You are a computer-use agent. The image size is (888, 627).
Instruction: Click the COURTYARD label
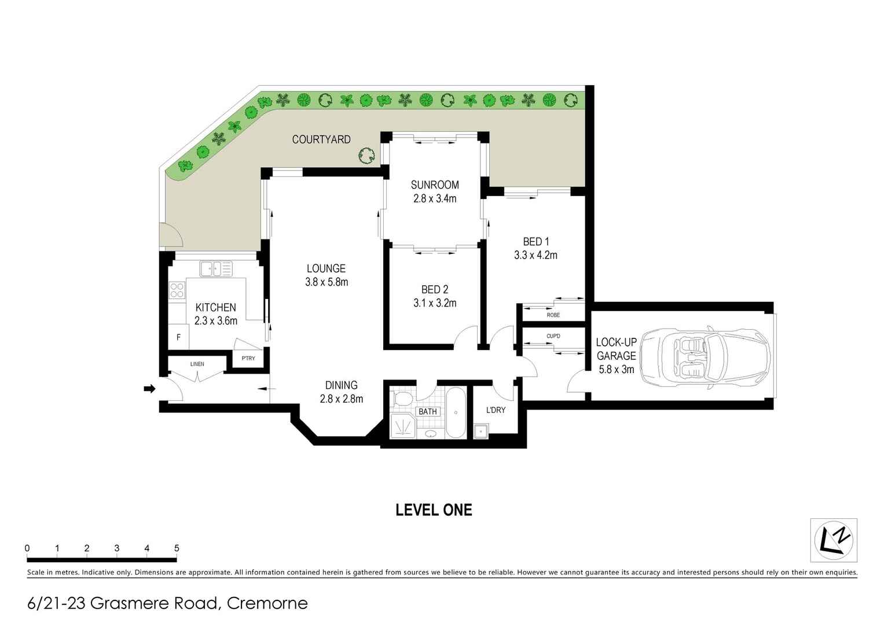pyautogui.click(x=321, y=139)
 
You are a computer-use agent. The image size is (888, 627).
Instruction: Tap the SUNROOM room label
pyautogui.click(x=435, y=185)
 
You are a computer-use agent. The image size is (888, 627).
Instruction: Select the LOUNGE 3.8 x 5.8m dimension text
pyautogui.click(x=326, y=282)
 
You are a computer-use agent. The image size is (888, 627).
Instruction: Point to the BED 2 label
pyautogui.click(x=435, y=289)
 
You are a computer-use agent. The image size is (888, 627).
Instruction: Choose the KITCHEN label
pyautogui.click(x=215, y=308)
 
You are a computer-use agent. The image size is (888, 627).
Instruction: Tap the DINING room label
pyautogui.click(x=341, y=385)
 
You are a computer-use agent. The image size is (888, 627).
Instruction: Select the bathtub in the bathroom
pyautogui.click(x=455, y=412)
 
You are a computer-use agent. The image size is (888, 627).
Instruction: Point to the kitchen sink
pyautogui.click(x=215, y=269)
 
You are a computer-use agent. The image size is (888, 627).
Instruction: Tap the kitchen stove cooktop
pyautogui.click(x=177, y=290)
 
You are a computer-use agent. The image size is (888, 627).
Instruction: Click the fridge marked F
pyautogui.click(x=178, y=337)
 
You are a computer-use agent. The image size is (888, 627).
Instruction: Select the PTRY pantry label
pyautogui.click(x=248, y=359)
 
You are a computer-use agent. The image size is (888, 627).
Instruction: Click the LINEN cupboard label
pyautogui.click(x=197, y=364)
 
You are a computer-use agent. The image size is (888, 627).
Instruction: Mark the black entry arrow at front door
pyautogui.click(x=149, y=389)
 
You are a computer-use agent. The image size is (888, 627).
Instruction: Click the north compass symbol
pyautogui.click(x=833, y=540)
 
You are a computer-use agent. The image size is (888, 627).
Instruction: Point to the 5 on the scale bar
pyautogui.click(x=177, y=548)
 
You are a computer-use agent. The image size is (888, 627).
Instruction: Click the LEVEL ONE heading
pyautogui.click(x=434, y=510)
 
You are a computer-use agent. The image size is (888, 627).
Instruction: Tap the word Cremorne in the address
pyautogui.click(x=267, y=603)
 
